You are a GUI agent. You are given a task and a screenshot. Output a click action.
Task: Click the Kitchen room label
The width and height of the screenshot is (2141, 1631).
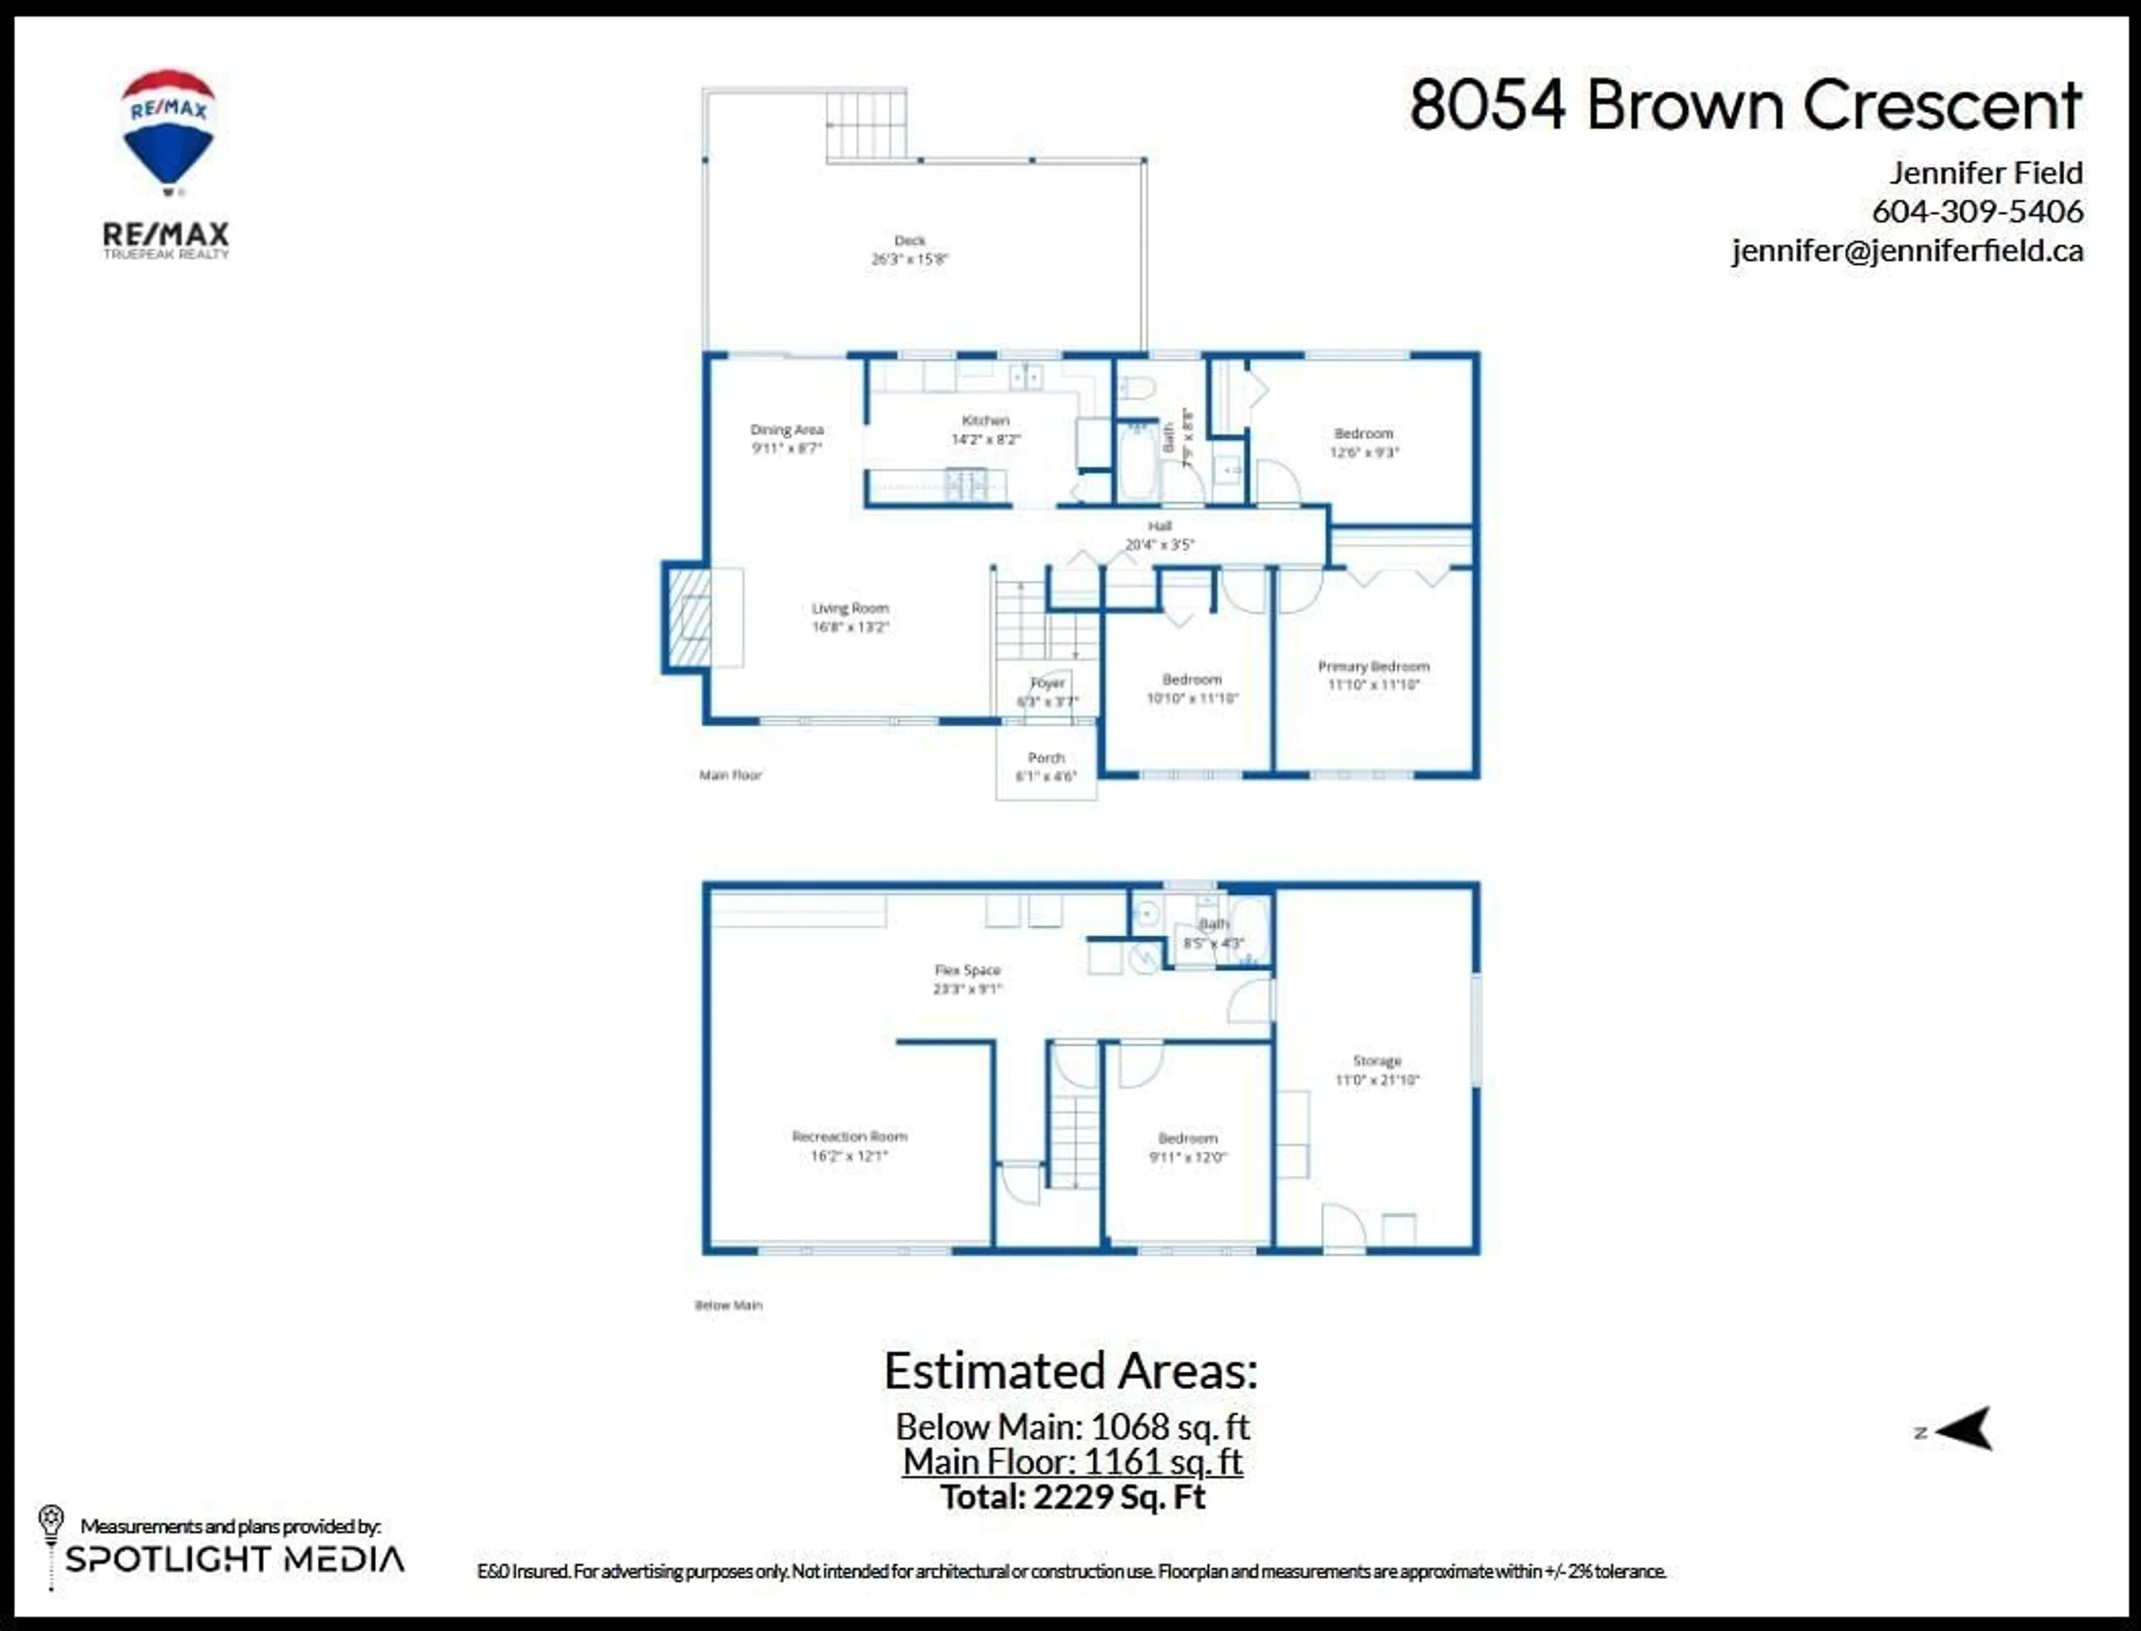click(986, 420)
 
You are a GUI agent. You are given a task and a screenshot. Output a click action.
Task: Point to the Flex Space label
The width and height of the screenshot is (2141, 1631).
click(967, 970)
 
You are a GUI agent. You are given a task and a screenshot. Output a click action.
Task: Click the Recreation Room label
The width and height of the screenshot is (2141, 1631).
click(850, 1137)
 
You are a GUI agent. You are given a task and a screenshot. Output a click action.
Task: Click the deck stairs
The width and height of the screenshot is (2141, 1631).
click(866, 125)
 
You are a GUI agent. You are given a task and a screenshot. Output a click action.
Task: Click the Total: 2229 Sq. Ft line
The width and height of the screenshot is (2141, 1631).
click(1072, 1496)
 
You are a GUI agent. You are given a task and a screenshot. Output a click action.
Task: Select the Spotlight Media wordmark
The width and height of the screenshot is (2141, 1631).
click(234, 1559)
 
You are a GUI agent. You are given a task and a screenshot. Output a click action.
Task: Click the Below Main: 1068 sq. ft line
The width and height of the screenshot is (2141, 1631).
click(1072, 1426)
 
